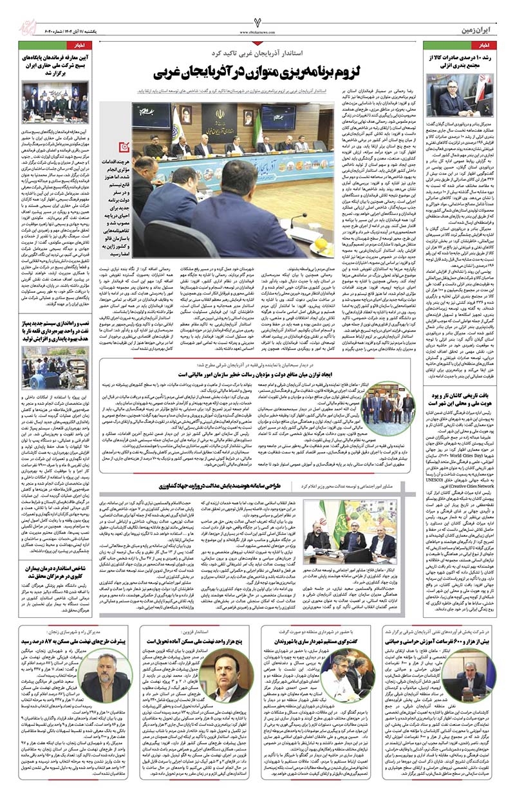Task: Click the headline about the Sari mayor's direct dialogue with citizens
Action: [x=323, y=642]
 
